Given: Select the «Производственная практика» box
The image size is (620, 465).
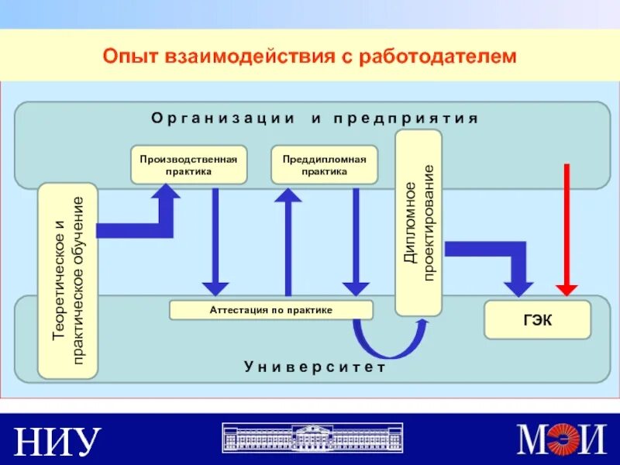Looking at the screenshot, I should [x=188, y=164].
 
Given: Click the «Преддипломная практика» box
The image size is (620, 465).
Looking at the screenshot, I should [x=325, y=164].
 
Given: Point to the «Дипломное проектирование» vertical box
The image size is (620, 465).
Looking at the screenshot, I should [x=418, y=222].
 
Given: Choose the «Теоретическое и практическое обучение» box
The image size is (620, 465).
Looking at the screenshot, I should [x=67, y=281].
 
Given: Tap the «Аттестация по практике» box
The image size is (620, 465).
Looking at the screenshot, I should [x=270, y=310].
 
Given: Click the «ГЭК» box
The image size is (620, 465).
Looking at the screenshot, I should [x=537, y=320].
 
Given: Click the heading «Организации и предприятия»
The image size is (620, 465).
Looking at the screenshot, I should [x=315, y=118].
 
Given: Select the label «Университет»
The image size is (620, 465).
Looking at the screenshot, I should [x=315, y=367].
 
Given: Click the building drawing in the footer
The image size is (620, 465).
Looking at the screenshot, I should [x=313, y=439].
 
